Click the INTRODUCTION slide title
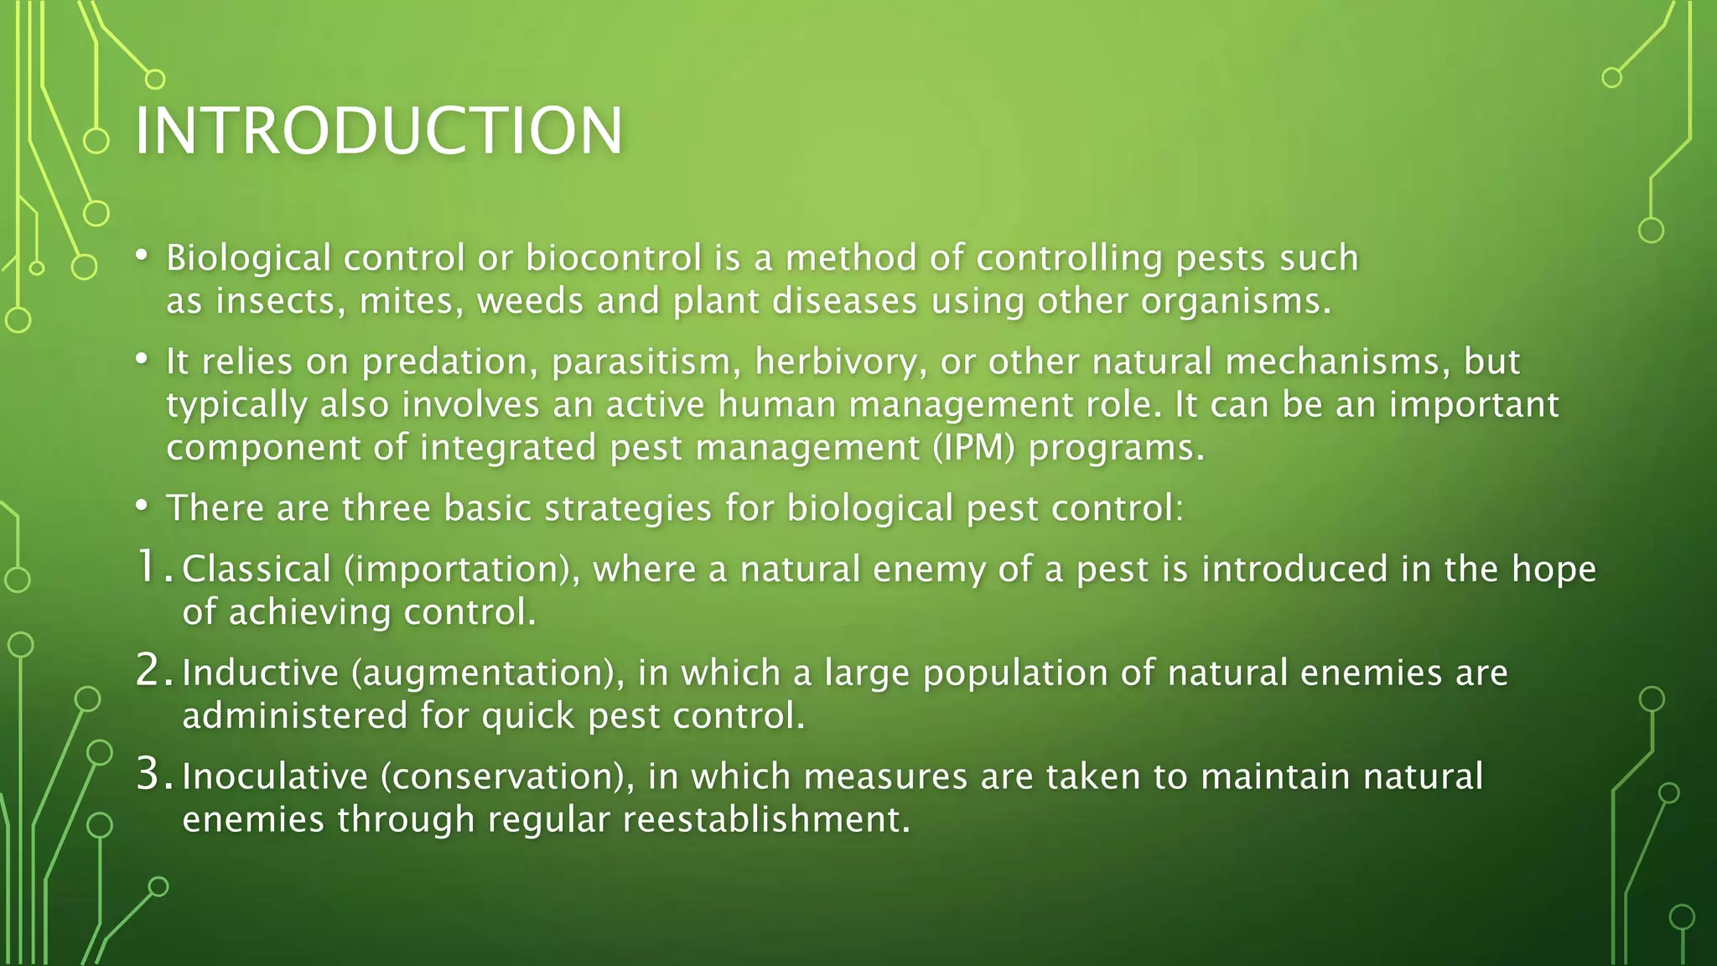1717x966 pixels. point(378,131)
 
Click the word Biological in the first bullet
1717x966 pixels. point(248,258)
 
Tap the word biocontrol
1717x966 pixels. point(614,257)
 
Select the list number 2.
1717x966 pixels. point(151,671)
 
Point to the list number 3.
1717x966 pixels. point(151,775)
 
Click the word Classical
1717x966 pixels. point(256,569)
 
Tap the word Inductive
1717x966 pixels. point(260,673)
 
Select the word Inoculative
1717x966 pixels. point(274,776)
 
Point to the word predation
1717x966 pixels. point(449,362)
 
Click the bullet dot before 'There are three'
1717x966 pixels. point(142,506)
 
